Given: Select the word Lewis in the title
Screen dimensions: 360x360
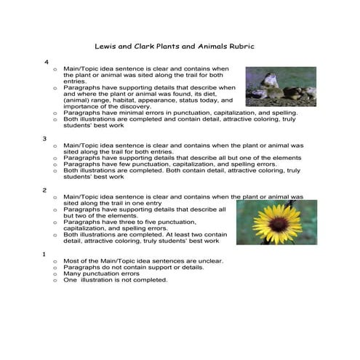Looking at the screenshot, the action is tap(108, 46).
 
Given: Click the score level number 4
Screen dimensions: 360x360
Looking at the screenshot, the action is tap(47, 63).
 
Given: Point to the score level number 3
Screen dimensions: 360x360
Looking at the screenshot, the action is tap(45, 137).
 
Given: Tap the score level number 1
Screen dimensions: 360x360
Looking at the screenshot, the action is tap(45, 254).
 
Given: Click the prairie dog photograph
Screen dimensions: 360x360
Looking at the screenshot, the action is tap(281, 86).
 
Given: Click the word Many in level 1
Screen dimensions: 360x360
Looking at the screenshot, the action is tap(73, 273).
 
